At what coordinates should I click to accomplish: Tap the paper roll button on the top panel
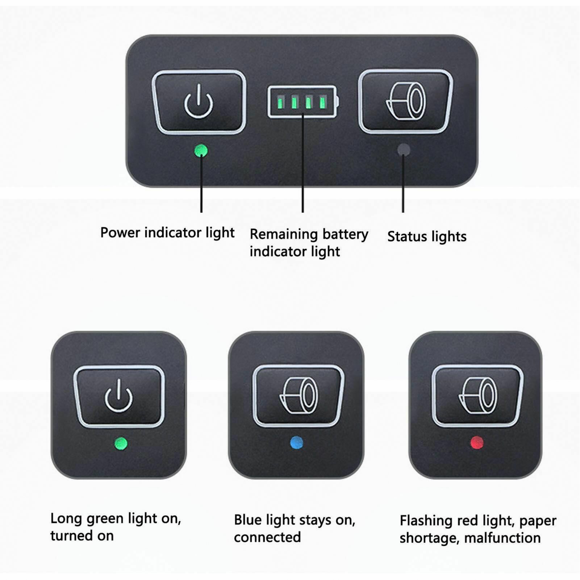[405, 101]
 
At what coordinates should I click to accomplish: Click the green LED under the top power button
[201, 151]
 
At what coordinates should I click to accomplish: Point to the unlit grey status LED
[404, 150]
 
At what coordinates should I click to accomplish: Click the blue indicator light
[297, 443]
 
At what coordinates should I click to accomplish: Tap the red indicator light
[476, 442]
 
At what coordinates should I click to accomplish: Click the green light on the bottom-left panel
[121, 443]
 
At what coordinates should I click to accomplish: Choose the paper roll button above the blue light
[298, 396]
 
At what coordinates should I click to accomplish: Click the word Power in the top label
[121, 233]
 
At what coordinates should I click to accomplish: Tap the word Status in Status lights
[406, 237]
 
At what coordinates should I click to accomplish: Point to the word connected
[267, 537]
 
